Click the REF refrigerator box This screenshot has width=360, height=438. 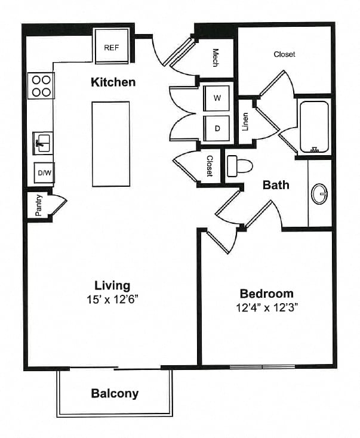(112, 46)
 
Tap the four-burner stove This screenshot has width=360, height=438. (41, 86)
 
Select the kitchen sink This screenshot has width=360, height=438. (42, 143)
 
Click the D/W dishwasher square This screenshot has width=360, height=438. (44, 172)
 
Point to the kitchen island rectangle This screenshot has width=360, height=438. (111, 144)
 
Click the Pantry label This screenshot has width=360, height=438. (39, 205)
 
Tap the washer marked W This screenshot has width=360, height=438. (217, 98)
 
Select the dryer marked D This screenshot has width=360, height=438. (217, 128)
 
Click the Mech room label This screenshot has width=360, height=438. (216, 58)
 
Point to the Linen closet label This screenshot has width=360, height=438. (245, 122)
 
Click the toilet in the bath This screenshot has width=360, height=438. (239, 166)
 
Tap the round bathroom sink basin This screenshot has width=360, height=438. (320, 193)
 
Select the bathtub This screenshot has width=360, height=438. (315, 127)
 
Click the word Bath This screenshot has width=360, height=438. (276, 185)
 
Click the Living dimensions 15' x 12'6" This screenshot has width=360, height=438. (113, 300)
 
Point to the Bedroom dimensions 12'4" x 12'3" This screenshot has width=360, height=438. (267, 308)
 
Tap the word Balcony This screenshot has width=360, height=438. (115, 394)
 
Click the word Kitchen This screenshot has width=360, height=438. (113, 82)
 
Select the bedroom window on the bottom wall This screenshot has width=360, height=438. (262, 366)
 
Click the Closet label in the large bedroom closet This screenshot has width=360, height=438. (284, 54)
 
